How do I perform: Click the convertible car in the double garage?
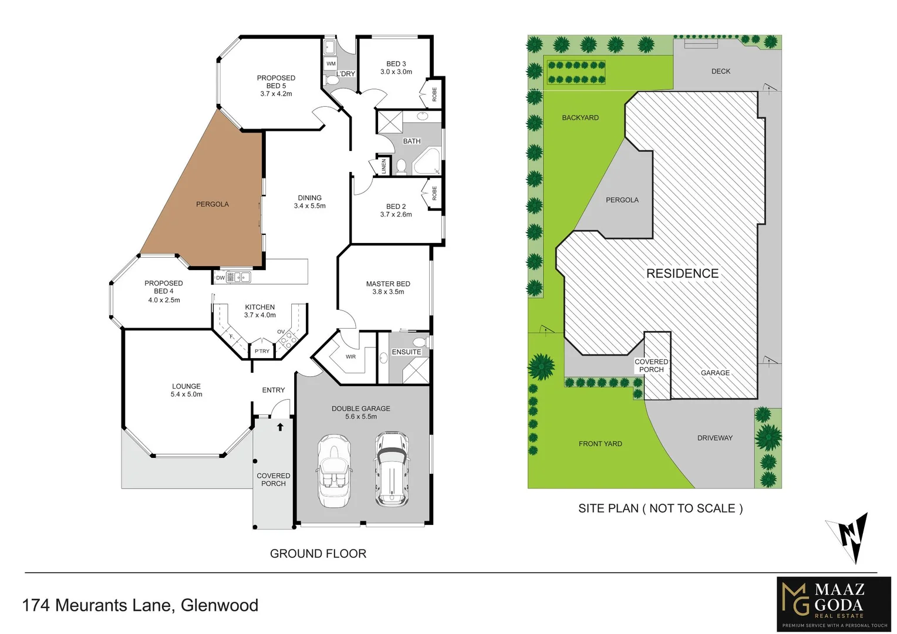[x=335, y=471]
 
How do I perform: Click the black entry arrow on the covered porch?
[x=281, y=427]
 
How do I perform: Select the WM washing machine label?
[x=331, y=63]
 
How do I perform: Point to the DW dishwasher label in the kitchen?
[x=220, y=278]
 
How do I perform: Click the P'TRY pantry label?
[x=262, y=351]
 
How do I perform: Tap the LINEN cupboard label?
[x=383, y=166]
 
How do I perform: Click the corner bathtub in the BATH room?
[x=426, y=162]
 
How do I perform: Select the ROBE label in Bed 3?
[x=434, y=94]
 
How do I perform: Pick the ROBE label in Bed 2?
[x=434, y=193]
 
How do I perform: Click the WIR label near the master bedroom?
[x=350, y=356]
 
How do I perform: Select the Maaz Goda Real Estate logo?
[x=834, y=605]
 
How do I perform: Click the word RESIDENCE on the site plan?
[x=682, y=274]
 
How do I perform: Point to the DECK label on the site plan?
[x=721, y=71]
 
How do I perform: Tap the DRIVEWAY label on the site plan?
[x=715, y=438]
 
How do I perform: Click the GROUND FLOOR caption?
[x=318, y=554]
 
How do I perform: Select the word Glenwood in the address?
[x=220, y=605]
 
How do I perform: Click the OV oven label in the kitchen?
[x=281, y=332]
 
